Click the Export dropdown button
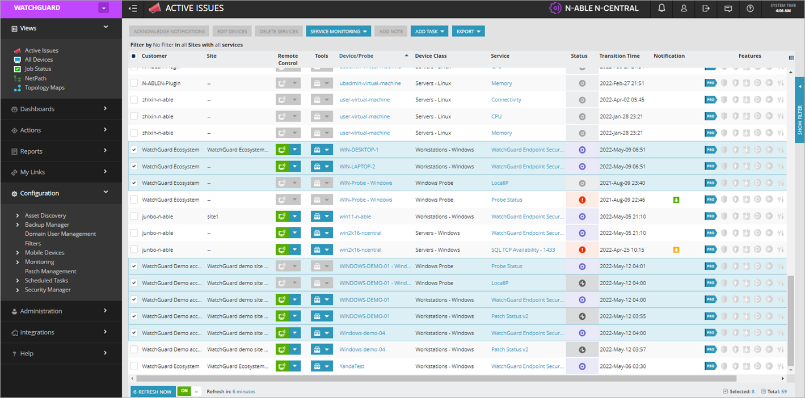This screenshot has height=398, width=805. click(468, 32)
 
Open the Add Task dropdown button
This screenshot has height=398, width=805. click(429, 32)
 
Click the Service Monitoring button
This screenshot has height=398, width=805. click(338, 32)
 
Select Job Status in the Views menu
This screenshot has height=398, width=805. click(37, 69)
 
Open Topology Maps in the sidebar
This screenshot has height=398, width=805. click(44, 88)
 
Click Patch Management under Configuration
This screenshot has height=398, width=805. click(50, 272)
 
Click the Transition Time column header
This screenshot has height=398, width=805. click(619, 56)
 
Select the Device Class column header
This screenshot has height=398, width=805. click(431, 56)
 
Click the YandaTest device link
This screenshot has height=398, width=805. click(352, 366)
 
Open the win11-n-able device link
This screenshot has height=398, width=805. click(355, 217)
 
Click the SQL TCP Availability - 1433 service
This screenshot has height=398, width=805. click(523, 250)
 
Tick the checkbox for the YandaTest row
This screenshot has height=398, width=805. click(134, 366)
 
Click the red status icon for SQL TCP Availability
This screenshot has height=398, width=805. click(582, 250)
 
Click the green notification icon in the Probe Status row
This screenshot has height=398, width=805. click(676, 200)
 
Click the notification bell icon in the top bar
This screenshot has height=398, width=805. click(661, 9)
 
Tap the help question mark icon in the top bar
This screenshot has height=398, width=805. click(751, 9)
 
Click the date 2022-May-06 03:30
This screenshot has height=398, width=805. click(622, 366)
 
